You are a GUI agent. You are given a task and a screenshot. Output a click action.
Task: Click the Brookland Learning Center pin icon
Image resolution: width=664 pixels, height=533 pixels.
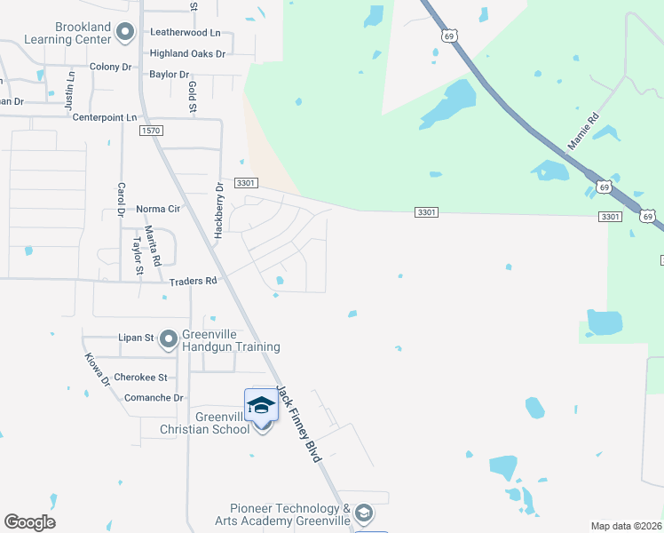[x=125, y=35]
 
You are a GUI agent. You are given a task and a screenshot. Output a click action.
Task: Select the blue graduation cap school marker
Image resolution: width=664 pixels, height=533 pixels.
[x=261, y=405]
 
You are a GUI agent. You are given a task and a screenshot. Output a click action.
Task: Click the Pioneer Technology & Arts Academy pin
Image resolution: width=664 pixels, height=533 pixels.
[x=362, y=513]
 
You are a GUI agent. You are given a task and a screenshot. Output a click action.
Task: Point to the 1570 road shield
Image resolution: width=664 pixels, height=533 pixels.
[x=152, y=131]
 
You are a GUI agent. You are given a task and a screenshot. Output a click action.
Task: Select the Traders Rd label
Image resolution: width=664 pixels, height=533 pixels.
[x=193, y=282]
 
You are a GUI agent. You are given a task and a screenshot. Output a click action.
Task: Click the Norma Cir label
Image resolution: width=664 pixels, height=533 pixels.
[x=159, y=209]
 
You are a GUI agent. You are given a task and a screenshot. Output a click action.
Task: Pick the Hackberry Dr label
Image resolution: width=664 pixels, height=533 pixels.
[x=218, y=211]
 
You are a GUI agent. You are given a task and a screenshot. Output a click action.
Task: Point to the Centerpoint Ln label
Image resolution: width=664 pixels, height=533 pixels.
[x=106, y=117]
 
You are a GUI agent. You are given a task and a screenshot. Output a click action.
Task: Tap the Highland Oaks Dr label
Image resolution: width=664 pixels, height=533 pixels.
[x=187, y=54]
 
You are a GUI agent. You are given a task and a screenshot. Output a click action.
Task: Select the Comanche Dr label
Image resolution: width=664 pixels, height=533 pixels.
[x=154, y=398]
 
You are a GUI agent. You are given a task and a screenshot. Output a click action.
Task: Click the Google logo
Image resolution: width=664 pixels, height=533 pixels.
[x=29, y=522]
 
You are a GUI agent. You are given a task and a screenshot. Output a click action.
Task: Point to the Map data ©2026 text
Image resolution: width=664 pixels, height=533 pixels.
[x=626, y=526]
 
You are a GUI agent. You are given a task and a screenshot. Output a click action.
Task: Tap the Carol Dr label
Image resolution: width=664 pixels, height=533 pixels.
[x=121, y=200]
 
